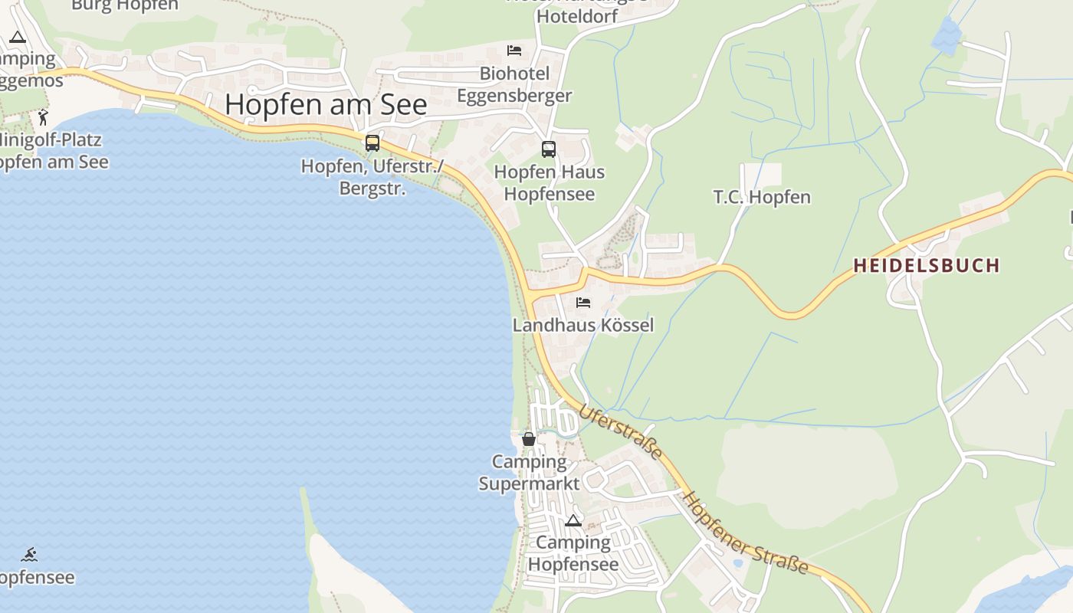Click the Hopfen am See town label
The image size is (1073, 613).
point(326,105)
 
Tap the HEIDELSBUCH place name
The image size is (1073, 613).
point(926,266)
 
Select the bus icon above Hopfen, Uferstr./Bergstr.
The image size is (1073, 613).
point(372,143)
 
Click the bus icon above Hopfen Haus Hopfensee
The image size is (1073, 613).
point(549,149)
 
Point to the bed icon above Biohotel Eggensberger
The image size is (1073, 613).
point(514,51)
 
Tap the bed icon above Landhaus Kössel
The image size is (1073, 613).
point(583,303)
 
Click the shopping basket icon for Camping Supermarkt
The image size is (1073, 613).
point(529,439)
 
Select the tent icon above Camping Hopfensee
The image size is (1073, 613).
point(573,521)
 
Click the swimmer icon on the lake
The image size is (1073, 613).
point(29,555)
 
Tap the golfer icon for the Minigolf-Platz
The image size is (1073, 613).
point(43,117)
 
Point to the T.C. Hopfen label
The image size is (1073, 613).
point(762,198)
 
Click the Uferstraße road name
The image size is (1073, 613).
point(620,432)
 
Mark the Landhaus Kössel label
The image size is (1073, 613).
point(583,325)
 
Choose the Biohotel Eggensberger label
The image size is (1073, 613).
point(514,84)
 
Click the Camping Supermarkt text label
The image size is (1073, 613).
point(529,473)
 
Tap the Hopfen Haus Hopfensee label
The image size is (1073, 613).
point(549,182)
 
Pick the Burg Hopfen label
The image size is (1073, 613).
point(124,5)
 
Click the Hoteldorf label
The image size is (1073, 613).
point(577,15)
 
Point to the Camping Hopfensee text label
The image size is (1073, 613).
point(573,553)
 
